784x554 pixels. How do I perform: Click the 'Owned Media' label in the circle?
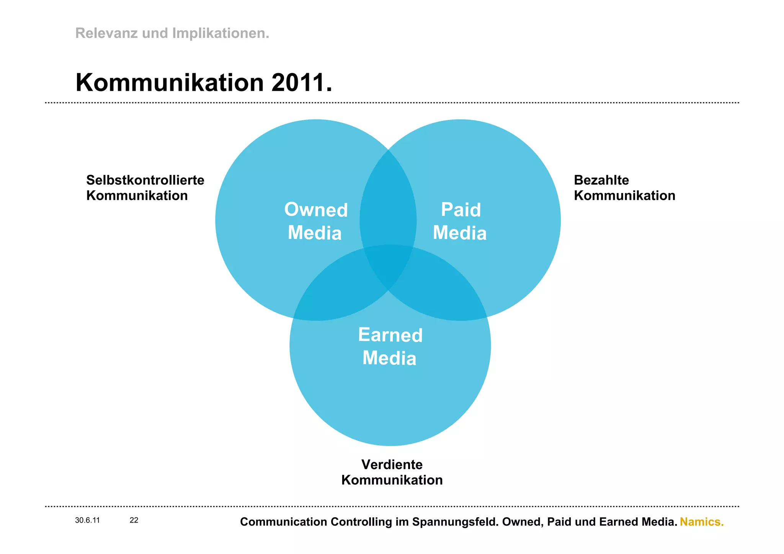tap(315, 221)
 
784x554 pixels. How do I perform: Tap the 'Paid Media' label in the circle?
tap(460, 221)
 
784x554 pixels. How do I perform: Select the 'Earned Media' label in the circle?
tap(390, 346)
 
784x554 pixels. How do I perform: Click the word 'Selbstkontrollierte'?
tap(145, 180)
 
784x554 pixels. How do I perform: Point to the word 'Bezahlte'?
tap(601, 180)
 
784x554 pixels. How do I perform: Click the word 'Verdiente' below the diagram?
tap(392, 464)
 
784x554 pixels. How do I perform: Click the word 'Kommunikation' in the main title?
tap(170, 83)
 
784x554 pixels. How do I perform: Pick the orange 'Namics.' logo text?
tap(701, 522)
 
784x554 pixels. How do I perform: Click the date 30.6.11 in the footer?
tap(87, 520)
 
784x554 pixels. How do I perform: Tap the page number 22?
tap(134, 520)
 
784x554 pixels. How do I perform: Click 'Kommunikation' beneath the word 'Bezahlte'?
tap(624, 196)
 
